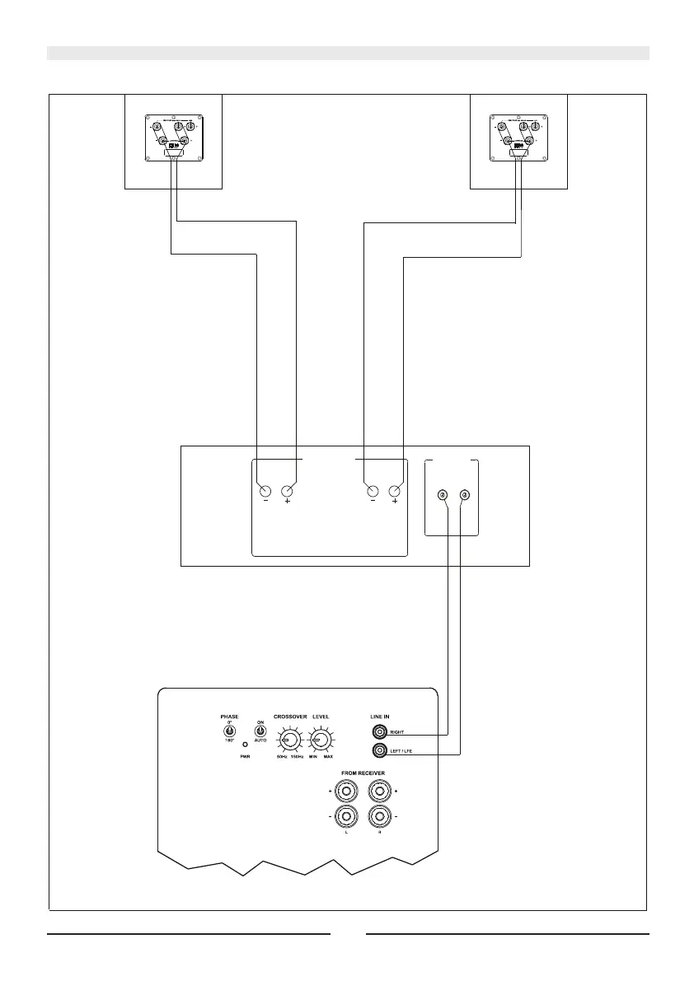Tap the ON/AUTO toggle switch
260,731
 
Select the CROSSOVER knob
289,738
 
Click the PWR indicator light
245,745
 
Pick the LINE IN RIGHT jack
380,731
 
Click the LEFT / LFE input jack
380,750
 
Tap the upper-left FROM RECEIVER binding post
347,792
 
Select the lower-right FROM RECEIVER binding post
378,817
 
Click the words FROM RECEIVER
362,773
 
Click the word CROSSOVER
290,717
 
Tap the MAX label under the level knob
328,756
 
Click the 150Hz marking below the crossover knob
297,756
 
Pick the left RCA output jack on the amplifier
443,495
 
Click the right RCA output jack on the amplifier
466,495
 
